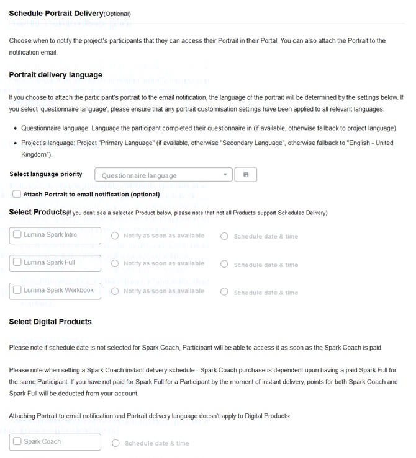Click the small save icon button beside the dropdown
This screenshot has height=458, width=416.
[246, 175]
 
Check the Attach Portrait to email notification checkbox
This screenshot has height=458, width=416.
[17, 194]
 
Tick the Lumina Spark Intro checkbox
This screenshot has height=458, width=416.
[17, 235]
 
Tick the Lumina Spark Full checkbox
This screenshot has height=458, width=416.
[17, 262]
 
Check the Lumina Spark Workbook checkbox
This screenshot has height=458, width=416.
[17, 289]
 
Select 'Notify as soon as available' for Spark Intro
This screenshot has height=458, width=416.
[115, 236]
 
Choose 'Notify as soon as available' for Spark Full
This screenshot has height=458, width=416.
[115, 263]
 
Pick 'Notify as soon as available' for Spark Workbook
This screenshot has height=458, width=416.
[115, 291]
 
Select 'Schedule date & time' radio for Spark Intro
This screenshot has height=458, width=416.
[224, 236]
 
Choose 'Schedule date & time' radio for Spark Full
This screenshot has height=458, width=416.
[224, 265]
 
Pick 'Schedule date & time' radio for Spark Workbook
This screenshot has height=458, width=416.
[224, 293]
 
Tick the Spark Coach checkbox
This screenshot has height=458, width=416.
[17, 441]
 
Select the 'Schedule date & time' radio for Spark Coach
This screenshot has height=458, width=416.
[115, 443]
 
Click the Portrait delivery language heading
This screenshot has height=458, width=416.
[55, 75]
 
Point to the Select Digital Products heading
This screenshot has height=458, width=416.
[50, 322]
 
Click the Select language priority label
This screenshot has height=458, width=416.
[46, 174]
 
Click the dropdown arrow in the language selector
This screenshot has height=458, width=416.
[225, 175]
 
